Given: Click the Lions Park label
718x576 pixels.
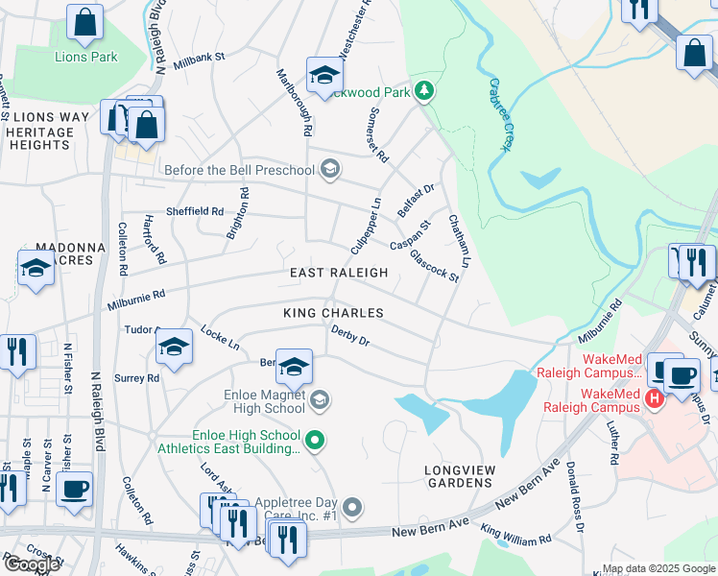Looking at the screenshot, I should tap(85, 57).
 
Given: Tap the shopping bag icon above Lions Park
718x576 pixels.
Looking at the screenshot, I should tap(85, 24).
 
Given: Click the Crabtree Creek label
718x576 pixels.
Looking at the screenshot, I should tap(496, 113).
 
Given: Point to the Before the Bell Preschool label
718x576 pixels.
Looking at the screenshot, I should tap(239, 171).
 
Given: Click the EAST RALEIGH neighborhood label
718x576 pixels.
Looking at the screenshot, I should tap(339, 273).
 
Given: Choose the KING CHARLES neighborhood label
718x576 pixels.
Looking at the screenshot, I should tap(333, 313).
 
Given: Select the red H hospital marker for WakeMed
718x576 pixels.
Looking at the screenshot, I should tap(655, 397).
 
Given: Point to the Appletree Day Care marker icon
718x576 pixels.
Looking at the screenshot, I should tap(353, 506).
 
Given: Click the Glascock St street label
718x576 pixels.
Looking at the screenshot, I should tap(434, 265).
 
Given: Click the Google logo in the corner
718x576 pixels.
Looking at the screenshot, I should tap(32, 564).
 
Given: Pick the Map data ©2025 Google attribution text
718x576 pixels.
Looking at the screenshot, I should tap(658, 568).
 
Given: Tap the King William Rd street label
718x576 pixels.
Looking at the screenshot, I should tap(515, 536).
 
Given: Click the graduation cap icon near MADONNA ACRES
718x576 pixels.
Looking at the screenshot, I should tap(36, 268).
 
